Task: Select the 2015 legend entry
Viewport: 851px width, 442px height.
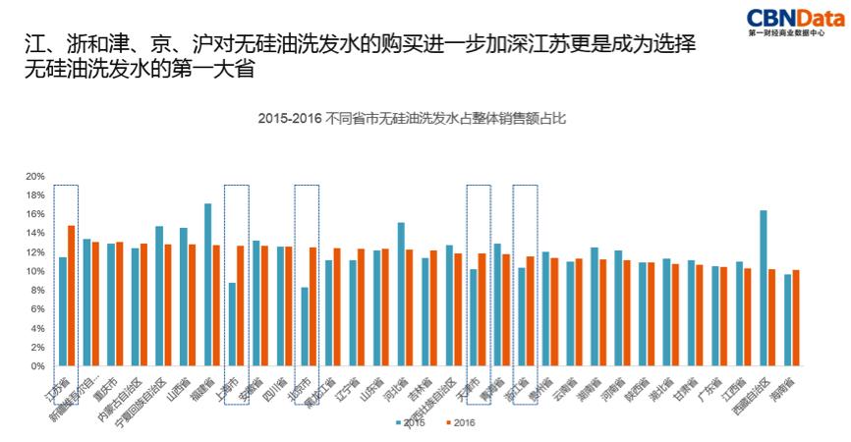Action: tap(412, 423)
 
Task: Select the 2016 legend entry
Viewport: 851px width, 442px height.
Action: tap(461, 423)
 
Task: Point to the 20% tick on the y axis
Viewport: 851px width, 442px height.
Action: tap(34, 177)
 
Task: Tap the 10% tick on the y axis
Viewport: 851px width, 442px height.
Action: tap(34, 271)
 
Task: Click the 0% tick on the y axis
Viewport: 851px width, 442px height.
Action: tap(37, 366)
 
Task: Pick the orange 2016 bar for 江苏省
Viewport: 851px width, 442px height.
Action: tap(71, 296)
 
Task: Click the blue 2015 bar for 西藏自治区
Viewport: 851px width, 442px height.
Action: tap(763, 288)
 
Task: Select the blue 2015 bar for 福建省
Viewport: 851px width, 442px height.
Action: tap(208, 285)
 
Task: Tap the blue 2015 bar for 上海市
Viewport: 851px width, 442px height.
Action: tap(232, 324)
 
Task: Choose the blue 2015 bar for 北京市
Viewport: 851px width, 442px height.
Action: tap(305, 326)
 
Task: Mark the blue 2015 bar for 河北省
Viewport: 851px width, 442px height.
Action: tap(401, 294)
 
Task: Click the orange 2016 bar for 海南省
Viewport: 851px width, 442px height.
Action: tap(796, 317)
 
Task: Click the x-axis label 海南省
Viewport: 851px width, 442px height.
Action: tap(782, 386)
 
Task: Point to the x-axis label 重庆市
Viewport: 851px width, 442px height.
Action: tap(104, 387)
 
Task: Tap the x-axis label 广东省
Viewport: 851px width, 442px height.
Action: tap(709, 386)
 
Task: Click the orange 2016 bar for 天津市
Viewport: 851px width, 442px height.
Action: tap(482, 309)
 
